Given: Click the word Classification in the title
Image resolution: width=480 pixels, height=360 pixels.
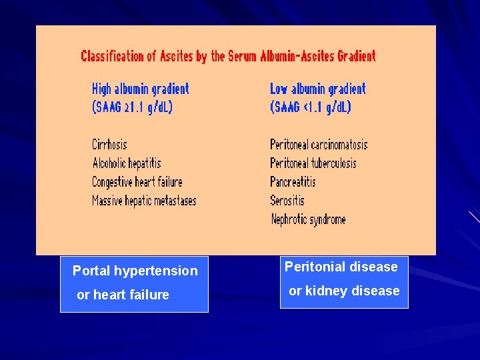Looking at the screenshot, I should (x=113, y=56).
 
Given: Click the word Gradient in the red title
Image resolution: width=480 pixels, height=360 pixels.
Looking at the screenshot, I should (x=356, y=56).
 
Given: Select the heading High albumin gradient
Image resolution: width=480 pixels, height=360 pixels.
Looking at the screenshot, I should (x=140, y=89).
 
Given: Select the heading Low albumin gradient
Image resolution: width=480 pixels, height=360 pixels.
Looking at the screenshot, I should (x=317, y=89).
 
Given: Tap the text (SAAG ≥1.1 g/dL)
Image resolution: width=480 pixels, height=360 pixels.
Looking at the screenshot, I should (x=132, y=107).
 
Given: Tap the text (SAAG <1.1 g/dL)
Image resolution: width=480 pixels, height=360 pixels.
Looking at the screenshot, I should (x=310, y=107).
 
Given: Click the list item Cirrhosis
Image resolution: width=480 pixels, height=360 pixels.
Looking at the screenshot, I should (x=109, y=144).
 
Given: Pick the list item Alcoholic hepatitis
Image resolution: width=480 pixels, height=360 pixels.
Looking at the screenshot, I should (x=127, y=163).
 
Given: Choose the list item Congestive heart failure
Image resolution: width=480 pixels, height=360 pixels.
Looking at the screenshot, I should (x=137, y=181).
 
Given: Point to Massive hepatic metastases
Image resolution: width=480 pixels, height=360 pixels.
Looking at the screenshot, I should (x=144, y=200).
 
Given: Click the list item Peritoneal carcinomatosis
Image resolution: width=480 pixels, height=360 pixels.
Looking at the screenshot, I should (x=319, y=145).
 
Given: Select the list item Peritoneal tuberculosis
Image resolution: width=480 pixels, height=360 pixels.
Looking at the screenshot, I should (x=313, y=163).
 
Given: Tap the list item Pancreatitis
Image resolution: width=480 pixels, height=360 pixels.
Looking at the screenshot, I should (x=293, y=181).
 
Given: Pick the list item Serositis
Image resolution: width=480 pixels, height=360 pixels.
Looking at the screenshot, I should (x=287, y=200).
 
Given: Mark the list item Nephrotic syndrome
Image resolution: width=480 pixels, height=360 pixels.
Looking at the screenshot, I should (x=308, y=219).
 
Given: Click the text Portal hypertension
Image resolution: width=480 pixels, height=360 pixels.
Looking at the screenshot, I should (x=135, y=271).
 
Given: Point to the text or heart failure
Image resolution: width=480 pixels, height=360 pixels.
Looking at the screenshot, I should (x=123, y=295).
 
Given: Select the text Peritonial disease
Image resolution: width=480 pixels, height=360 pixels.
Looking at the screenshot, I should (x=341, y=267).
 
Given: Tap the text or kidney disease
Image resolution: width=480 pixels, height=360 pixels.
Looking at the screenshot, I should (x=344, y=291).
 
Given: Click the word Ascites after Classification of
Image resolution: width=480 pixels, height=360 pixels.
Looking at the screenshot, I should (x=176, y=56).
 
